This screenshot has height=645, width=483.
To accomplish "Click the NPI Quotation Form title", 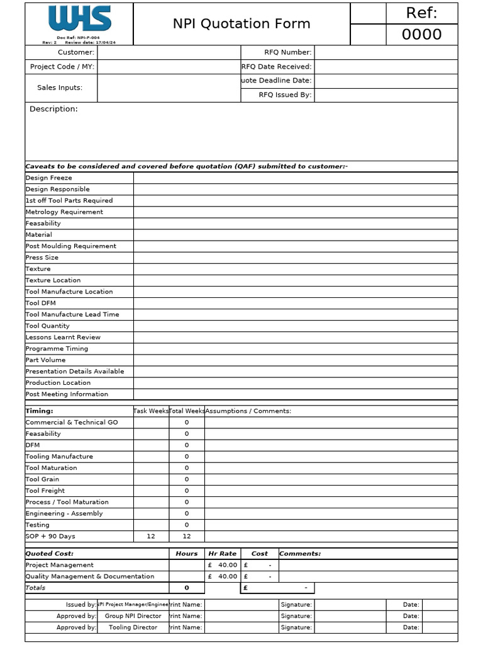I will pos(241,24).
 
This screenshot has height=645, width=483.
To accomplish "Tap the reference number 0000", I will pos(421,35).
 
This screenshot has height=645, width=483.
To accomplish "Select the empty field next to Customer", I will pos(169,52).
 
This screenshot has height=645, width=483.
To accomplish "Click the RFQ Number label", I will pos(287,52).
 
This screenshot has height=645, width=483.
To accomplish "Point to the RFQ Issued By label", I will pos(285,95).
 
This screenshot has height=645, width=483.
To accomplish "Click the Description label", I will pos(53,109).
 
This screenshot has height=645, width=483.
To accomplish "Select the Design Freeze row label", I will pos(48,178).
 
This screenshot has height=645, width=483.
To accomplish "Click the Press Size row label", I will pos(42,258).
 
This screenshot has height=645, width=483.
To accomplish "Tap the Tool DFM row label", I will pos(40,303).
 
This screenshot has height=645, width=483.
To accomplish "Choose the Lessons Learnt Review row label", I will pos(63,337).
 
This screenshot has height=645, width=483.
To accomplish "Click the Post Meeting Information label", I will pos(67,394).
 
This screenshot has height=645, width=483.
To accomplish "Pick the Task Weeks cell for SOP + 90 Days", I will pos(151,537).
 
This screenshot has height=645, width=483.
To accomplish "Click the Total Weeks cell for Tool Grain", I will pos(187,479).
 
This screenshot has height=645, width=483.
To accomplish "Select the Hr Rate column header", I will pos(222,554).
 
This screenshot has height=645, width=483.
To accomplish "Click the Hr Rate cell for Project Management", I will pos(223,565).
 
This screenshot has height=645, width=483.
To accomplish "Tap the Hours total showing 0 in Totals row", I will pos(187,588).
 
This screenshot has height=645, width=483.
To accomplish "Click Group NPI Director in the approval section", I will pos(133,616).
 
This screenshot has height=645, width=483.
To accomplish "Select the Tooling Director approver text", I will pos(133,627).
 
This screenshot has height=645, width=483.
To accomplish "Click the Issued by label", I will pos(81,605).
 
